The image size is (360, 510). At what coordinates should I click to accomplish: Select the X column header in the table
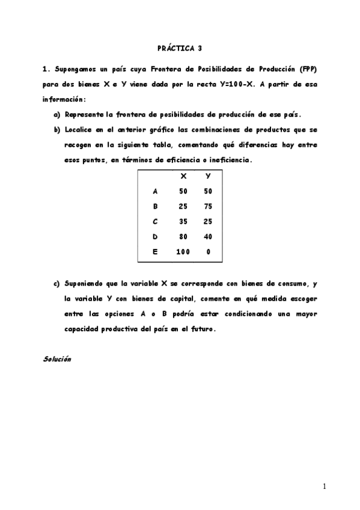[x=183, y=176]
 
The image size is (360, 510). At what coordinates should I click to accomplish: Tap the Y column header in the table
[x=208, y=176]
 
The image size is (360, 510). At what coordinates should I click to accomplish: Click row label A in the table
[x=155, y=191]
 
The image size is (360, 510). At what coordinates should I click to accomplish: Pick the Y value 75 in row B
[x=208, y=206]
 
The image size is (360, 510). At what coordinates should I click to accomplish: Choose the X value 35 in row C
[x=183, y=221]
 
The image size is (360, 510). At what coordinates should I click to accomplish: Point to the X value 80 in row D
[x=183, y=236]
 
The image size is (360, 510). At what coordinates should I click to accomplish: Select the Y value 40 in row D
[x=208, y=236]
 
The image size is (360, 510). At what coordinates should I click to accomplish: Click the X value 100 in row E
[x=183, y=252]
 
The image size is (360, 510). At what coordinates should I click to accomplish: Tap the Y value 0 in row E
[x=208, y=252]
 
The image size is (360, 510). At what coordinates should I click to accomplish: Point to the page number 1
[x=324, y=486]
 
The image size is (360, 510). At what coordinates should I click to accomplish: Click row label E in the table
[x=155, y=252]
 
